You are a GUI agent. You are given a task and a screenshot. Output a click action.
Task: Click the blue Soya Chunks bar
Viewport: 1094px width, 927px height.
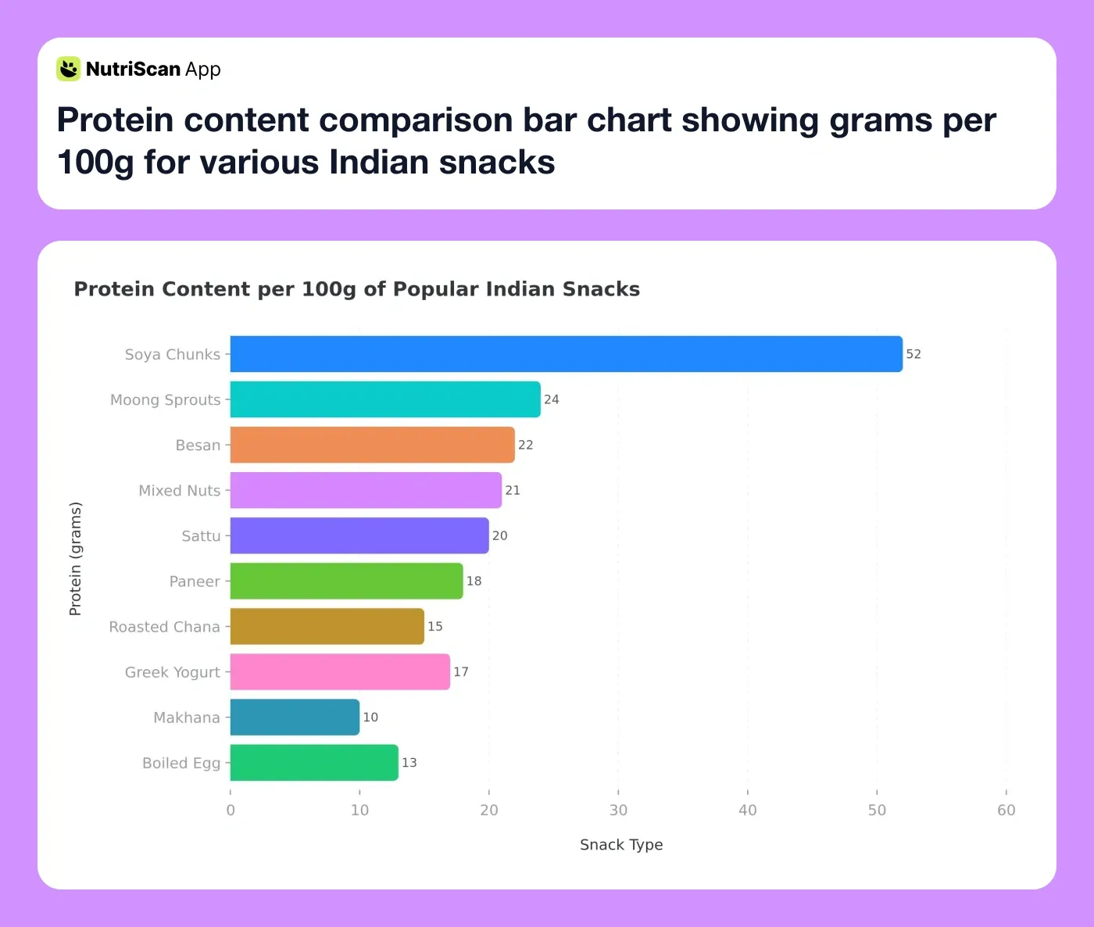point(566,354)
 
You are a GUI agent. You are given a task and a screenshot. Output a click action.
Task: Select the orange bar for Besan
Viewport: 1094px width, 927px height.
point(372,445)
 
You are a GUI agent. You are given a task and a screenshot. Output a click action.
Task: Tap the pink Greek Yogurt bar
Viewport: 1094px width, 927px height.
point(340,672)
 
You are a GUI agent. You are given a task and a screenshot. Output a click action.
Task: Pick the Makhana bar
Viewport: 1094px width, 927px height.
point(295,718)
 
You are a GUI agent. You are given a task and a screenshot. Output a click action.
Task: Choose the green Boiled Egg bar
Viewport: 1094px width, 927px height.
point(314,763)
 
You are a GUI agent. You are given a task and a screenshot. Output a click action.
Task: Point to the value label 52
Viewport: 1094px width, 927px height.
point(913,354)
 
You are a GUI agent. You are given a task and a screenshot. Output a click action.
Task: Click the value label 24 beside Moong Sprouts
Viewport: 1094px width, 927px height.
point(552,399)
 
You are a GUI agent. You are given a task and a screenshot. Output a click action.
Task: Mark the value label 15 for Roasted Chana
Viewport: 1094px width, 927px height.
point(435,627)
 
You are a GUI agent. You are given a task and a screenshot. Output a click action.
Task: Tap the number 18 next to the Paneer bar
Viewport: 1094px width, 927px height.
point(474,582)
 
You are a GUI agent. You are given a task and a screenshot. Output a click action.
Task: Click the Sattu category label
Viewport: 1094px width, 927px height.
point(201,536)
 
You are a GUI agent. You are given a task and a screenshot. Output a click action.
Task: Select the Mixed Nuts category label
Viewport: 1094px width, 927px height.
point(180,491)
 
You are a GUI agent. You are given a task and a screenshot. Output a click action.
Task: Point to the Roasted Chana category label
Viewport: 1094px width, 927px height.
point(164,627)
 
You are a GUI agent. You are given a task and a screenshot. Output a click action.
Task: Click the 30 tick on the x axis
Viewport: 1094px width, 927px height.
point(618,811)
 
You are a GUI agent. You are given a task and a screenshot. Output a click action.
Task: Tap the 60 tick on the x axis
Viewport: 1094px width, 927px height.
point(1006,811)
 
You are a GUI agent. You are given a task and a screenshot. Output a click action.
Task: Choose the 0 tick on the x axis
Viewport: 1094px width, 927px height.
point(231,811)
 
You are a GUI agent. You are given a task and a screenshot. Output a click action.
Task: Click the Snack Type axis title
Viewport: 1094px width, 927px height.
point(621,845)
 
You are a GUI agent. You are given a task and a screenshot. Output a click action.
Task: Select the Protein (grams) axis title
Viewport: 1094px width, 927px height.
point(75,559)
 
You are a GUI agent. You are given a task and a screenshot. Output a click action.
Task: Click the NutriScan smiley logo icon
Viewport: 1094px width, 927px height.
point(69,69)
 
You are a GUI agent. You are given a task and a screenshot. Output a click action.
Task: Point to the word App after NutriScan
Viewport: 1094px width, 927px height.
point(203,70)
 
